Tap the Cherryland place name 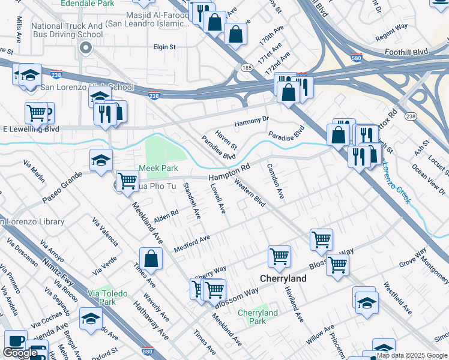[283, 279]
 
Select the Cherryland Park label [258, 317]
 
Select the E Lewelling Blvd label [31, 129]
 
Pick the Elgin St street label [164, 46]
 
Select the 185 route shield [247, 68]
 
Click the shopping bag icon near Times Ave [151, 258]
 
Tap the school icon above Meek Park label [101, 159]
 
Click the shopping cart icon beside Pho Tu [127, 180]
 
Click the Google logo [20, 353]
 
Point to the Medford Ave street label [191, 244]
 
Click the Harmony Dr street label [252, 121]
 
